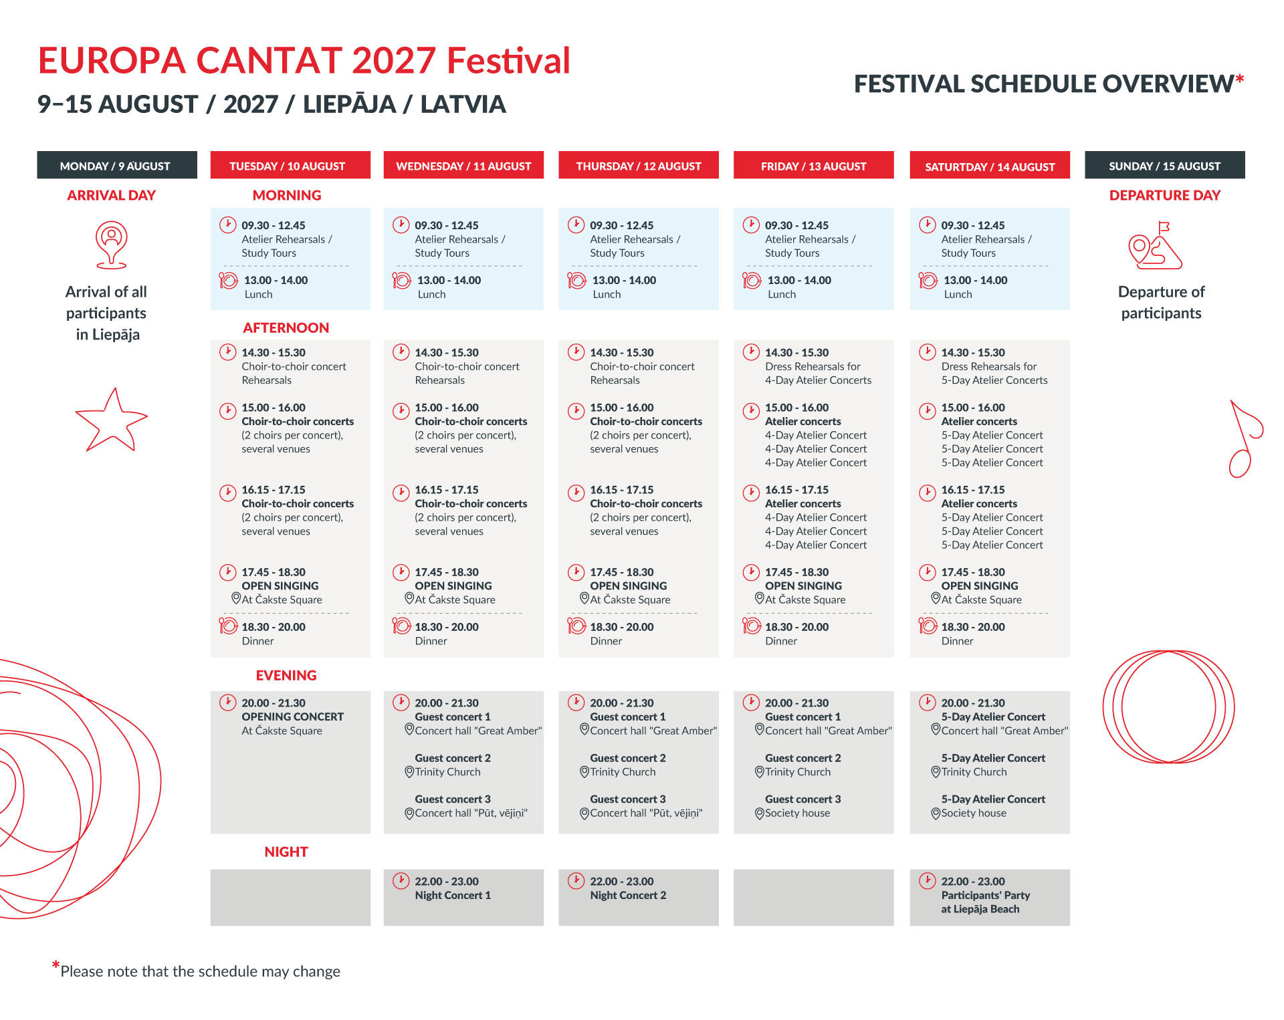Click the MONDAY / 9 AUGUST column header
click(117, 165)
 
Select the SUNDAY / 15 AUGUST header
click(1164, 165)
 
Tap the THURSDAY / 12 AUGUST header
click(639, 165)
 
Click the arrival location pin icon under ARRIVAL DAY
click(111, 245)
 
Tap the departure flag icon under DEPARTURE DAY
click(1155, 246)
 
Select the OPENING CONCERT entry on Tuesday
click(292, 717)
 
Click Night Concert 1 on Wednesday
click(453, 895)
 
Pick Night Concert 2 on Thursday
click(628, 895)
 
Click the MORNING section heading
click(287, 195)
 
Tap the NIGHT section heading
click(286, 852)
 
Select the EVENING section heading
click(286, 675)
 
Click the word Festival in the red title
click(508, 60)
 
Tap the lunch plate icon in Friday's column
click(752, 281)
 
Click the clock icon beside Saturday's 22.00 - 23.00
click(927, 881)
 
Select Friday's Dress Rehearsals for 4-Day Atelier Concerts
click(818, 373)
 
